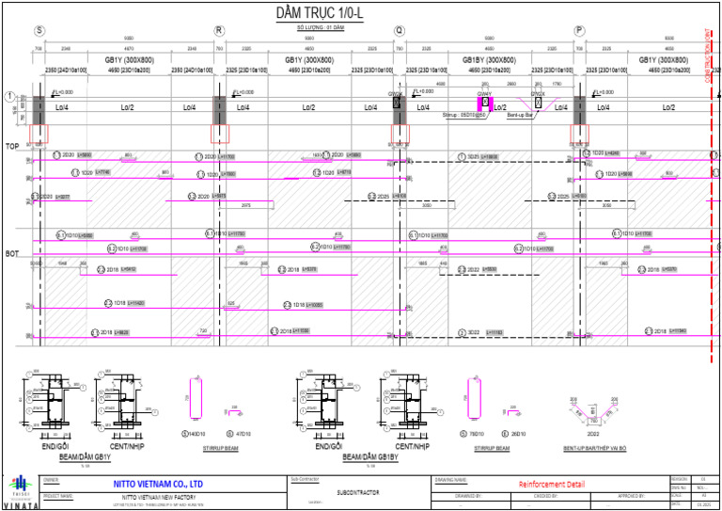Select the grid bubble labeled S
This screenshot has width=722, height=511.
point(39,30)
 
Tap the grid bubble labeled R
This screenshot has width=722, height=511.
point(219,30)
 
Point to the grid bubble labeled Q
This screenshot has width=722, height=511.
point(400,30)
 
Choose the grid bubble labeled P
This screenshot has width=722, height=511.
point(579,30)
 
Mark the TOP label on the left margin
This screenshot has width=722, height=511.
point(12,147)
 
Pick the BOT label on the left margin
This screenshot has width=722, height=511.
point(12,254)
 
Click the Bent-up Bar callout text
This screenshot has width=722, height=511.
point(521,115)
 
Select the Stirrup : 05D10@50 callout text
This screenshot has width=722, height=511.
point(464,115)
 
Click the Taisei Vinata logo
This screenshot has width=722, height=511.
point(21,493)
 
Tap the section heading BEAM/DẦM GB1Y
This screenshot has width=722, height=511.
point(86,456)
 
